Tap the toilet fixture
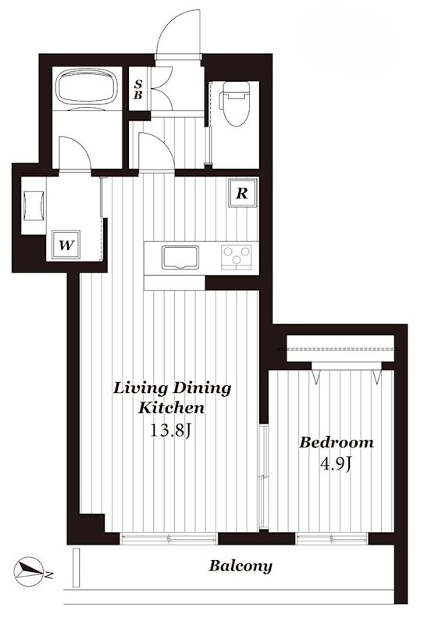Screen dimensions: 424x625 [236, 103]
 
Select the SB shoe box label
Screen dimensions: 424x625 [138, 90]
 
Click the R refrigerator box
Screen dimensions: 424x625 [242, 193]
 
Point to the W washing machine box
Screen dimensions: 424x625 [66, 245]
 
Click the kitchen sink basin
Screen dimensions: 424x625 [180, 258]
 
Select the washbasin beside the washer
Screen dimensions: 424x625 [34, 205]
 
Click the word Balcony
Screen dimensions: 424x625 [241, 566]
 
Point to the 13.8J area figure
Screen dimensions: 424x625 [171, 430]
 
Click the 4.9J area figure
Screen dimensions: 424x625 [336, 464]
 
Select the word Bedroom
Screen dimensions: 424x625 [337, 442]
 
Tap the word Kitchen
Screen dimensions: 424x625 [171, 408]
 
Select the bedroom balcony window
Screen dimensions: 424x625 [332, 538]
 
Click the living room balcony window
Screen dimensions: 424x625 [169, 538]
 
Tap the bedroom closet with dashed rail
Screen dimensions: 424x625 [340, 348]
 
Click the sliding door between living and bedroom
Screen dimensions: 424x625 [263, 477]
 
